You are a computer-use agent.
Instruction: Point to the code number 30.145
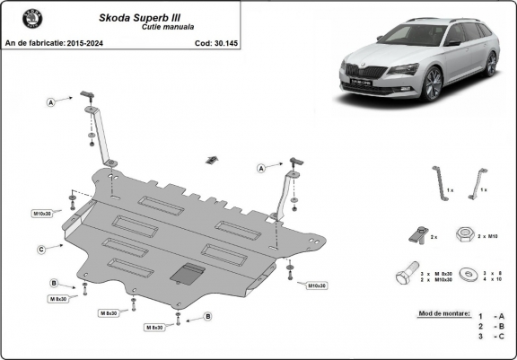(x=213, y=42)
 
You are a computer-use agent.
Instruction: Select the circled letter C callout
(x=41, y=249)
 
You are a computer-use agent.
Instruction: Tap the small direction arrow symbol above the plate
(x=210, y=159)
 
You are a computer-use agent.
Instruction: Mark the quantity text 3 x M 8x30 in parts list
(x=441, y=272)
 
